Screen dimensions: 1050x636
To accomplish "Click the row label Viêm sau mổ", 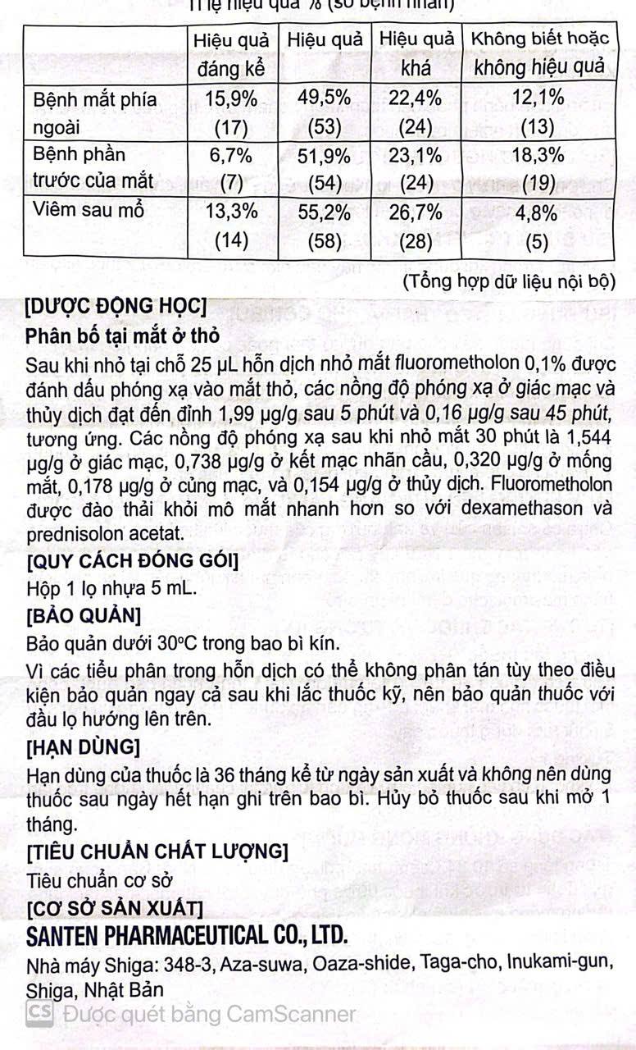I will point(89,209).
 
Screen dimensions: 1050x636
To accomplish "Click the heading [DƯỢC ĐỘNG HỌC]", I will point(116,308).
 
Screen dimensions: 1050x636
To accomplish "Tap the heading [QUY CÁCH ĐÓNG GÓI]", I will point(133,562).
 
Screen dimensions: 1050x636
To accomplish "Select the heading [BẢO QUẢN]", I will point(84,615).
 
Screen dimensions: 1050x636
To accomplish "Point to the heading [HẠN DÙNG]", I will point(83,747).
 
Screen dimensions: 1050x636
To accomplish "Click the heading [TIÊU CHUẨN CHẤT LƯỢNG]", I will point(157,852).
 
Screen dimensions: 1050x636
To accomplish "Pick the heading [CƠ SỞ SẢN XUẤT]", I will point(115,907).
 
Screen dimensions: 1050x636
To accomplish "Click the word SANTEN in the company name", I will point(65,934).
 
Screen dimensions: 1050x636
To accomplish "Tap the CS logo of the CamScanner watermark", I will point(39,1013).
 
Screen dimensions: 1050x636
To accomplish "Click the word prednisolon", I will point(77,534).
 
